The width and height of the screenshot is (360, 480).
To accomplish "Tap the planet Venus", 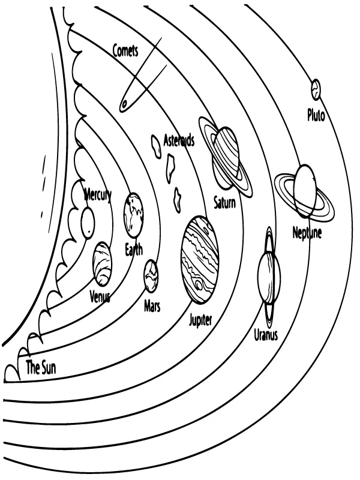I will tap(101, 263).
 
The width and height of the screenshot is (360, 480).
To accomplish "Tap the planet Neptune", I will tap(305, 191).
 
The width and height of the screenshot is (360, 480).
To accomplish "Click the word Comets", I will tap(125, 51).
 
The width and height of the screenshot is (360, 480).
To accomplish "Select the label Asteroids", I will tap(179, 141).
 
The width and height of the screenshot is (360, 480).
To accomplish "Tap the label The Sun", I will tap(41, 368).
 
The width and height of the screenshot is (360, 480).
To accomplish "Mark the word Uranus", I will tap(266, 335).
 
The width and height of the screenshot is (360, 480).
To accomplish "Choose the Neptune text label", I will tap(307, 232).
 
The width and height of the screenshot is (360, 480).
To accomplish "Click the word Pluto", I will tap(316, 115).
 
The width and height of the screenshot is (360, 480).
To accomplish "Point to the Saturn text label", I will tap(225, 202).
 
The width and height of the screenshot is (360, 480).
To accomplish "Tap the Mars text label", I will tap(152, 306).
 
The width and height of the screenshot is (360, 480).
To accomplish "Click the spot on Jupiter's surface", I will tap(199, 284).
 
